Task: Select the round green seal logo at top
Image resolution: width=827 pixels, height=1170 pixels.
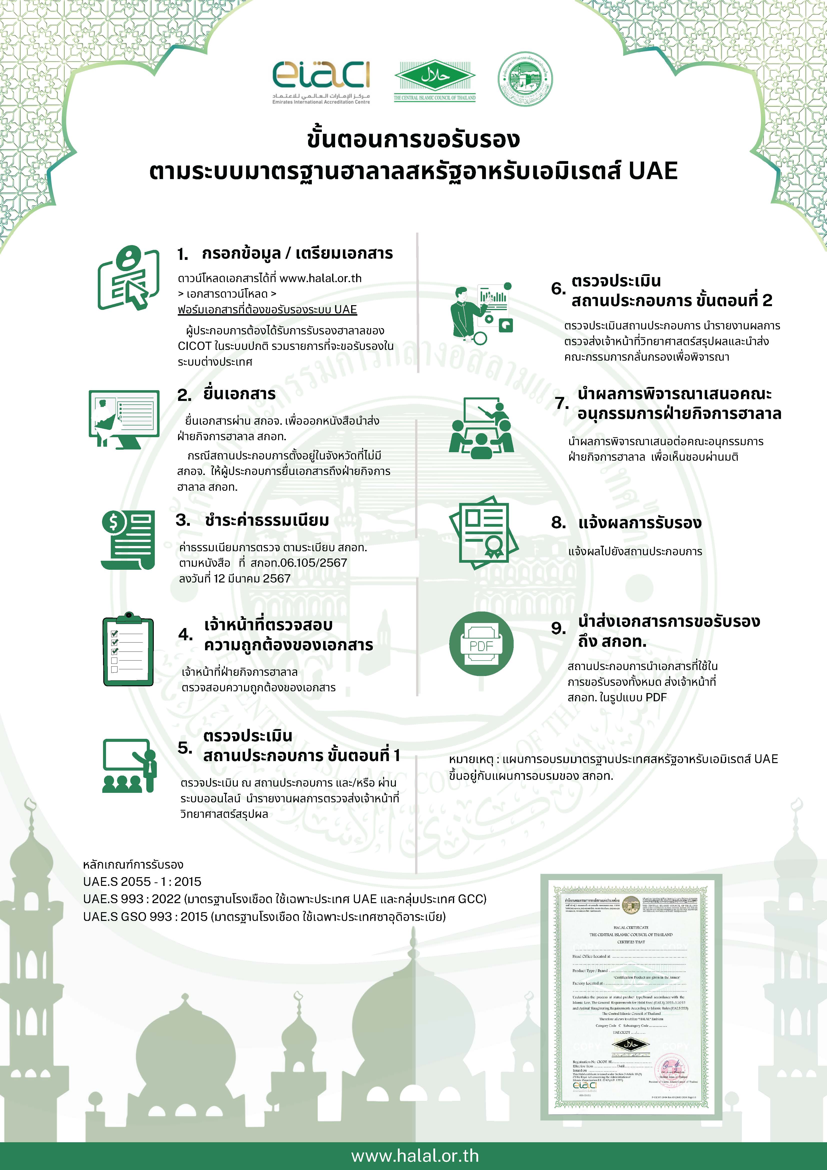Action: pyautogui.click(x=525, y=79)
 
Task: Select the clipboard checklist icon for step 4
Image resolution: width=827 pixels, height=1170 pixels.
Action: pyautogui.click(x=128, y=650)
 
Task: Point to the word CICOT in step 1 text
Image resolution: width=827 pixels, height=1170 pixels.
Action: pyautogui.click(x=194, y=346)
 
